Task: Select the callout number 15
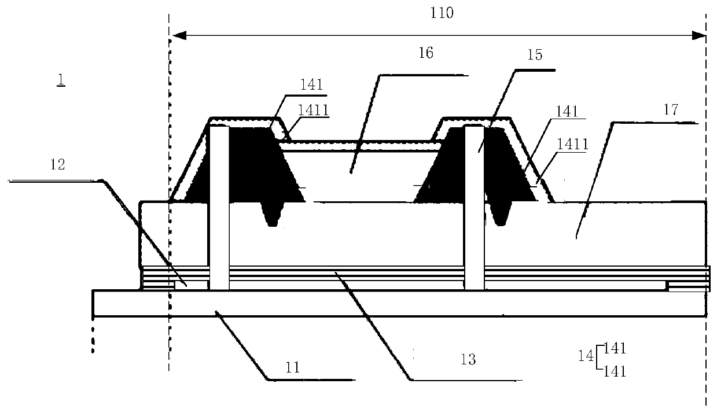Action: (x=535, y=55)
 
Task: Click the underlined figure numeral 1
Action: (x=61, y=80)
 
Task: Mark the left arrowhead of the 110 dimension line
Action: (x=177, y=36)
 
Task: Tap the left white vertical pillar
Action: (x=219, y=208)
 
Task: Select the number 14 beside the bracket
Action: (x=586, y=357)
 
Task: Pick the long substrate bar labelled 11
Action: (x=399, y=304)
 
